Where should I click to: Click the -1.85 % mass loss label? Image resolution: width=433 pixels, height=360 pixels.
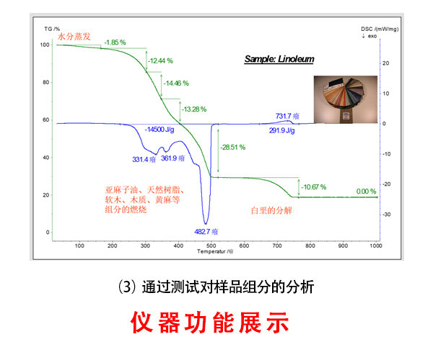[x=115, y=42]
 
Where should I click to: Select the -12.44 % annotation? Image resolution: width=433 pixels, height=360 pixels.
[x=160, y=61]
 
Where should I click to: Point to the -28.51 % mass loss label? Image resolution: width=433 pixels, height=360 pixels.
[x=233, y=148]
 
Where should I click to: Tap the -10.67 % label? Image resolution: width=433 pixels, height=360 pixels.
[x=314, y=187]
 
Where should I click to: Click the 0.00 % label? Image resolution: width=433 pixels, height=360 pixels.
[x=366, y=192]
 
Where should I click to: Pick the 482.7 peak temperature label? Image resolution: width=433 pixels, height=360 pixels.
[x=206, y=232]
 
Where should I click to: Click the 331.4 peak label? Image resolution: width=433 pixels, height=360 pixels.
[x=144, y=159]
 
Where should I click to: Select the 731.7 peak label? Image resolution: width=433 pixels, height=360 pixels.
[x=287, y=116]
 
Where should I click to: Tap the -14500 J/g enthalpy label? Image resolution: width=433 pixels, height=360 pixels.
[x=159, y=130]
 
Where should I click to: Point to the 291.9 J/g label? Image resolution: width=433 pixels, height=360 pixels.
[x=282, y=130]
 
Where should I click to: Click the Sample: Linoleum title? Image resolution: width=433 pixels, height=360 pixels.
[x=279, y=59]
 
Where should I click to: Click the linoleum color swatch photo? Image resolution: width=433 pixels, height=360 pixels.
[x=346, y=99]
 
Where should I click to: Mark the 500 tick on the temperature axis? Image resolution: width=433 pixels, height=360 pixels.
[x=211, y=246]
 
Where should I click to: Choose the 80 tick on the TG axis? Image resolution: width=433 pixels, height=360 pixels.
[x=46, y=82]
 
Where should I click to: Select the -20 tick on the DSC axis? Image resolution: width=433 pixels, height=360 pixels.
[x=387, y=184]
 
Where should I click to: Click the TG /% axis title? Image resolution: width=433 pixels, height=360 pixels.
[x=52, y=29]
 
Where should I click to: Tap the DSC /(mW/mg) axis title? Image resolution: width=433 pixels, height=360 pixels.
[x=380, y=30]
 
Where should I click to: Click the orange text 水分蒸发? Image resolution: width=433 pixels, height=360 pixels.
[x=74, y=36]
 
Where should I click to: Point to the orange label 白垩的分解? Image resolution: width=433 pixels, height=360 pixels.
[x=271, y=211]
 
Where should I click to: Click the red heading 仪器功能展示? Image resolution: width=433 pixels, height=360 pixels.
[x=210, y=323]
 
